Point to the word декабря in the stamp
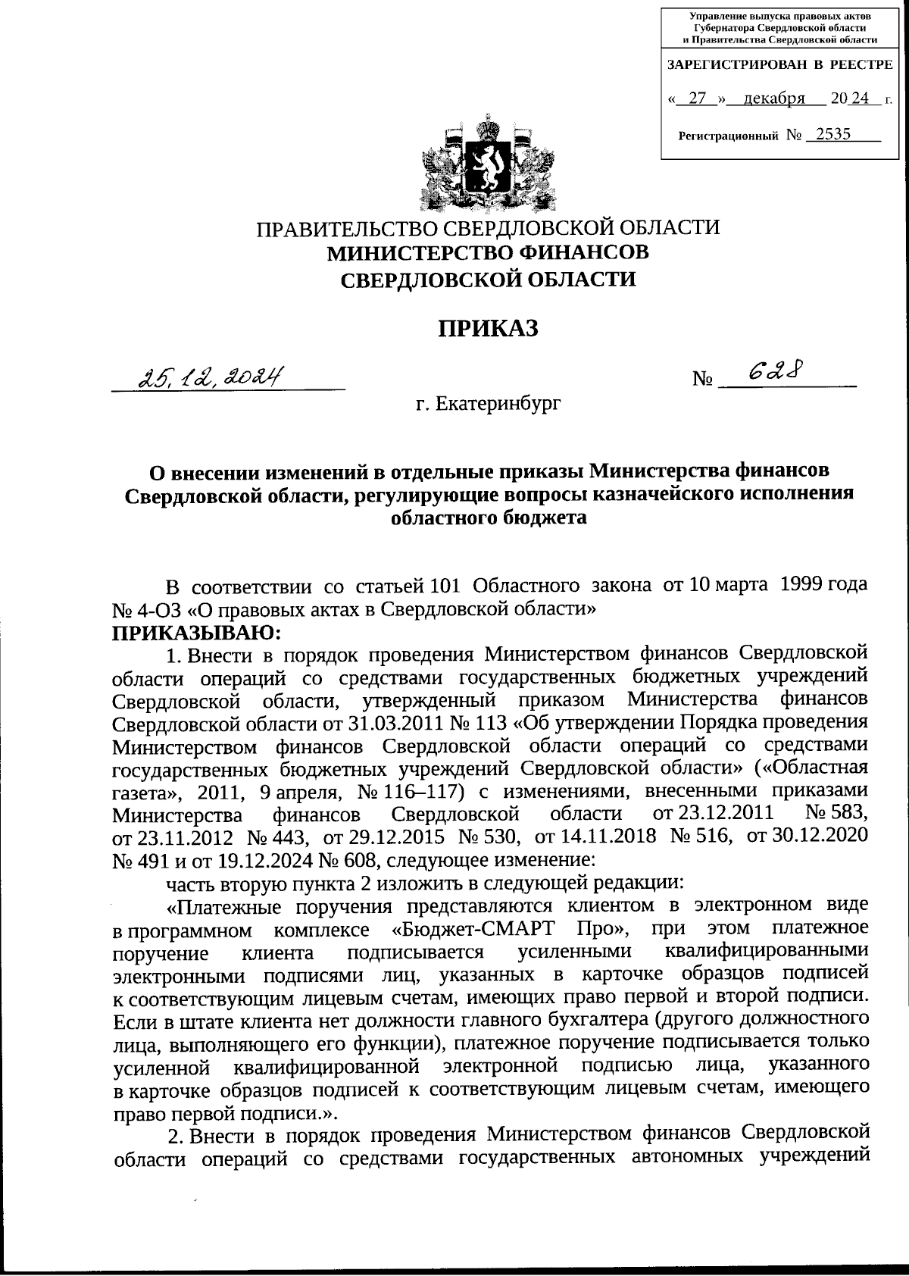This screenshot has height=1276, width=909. [x=773, y=99]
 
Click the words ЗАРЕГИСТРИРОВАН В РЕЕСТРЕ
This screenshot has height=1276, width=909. [x=779, y=65]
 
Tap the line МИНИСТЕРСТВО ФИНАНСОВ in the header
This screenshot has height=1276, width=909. [x=489, y=252]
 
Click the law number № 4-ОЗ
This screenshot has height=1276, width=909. [x=146, y=609]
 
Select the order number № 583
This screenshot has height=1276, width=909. [x=835, y=814]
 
